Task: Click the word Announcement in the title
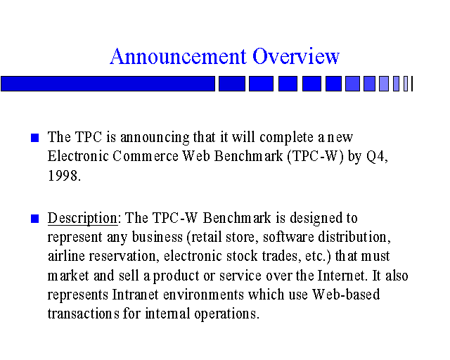click(178, 56)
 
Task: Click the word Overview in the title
click(296, 56)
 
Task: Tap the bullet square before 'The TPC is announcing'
click(34, 138)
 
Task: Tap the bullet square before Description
click(34, 219)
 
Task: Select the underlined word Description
click(82, 219)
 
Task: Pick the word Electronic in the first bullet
click(78, 157)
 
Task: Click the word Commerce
click(146, 157)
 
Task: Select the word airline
click(66, 256)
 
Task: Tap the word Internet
click(341, 276)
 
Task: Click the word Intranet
click(135, 295)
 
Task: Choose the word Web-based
click(346, 295)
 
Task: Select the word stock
click(242, 256)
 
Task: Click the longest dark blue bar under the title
click(108, 84)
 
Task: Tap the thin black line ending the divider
click(412, 84)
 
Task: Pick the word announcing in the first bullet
click(155, 138)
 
